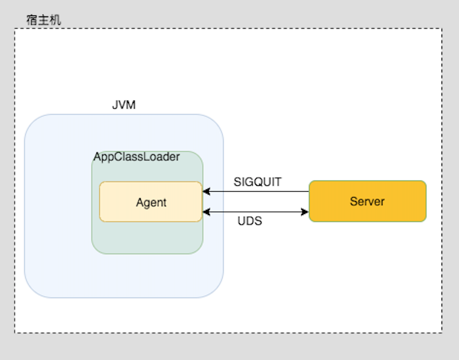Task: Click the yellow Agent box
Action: point(151,202)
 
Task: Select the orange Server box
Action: point(367,202)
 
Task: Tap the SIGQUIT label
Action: point(258,182)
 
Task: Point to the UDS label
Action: point(250,221)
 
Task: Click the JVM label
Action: point(124,105)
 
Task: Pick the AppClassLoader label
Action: point(137,157)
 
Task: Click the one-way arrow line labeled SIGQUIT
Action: point(257,191)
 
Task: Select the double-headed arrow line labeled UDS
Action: point(255,212)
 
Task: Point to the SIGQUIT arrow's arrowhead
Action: point(206,191)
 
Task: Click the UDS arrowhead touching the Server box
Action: point(305,212)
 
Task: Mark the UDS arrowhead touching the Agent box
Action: point(206,212)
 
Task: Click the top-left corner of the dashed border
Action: point(15,29)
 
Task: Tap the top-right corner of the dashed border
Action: point(442,29)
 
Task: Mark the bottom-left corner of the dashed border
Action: point(15,333)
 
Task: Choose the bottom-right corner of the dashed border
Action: point(442,333)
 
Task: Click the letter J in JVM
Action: point(114,105)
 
